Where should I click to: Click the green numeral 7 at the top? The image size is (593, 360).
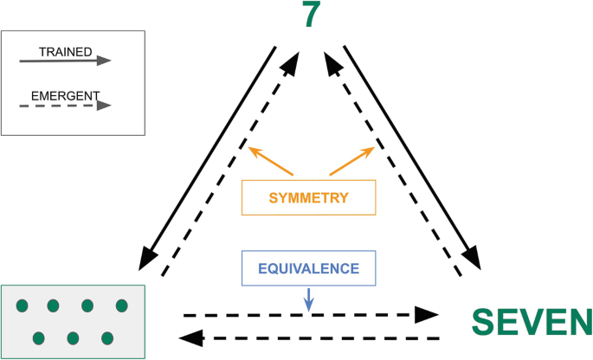[x=312, y=16]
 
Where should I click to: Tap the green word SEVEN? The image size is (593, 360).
[x=532, y=322]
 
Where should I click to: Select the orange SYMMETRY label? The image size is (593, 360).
[x=308, y=197]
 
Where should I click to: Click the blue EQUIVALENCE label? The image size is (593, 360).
[x=309, y=268]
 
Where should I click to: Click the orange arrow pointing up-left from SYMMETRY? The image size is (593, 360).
[x=271, y=161]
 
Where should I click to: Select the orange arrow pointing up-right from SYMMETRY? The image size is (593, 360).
[x=351, y=161]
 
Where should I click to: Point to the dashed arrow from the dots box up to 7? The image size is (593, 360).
[x=235, y=164]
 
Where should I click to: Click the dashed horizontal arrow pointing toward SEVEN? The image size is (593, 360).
[x=312, y=313]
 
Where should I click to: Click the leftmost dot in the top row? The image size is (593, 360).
[x=23, y=305]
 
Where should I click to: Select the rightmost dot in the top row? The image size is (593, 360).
[x=121, y=305]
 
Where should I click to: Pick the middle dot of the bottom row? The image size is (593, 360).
[x=73, y=337]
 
